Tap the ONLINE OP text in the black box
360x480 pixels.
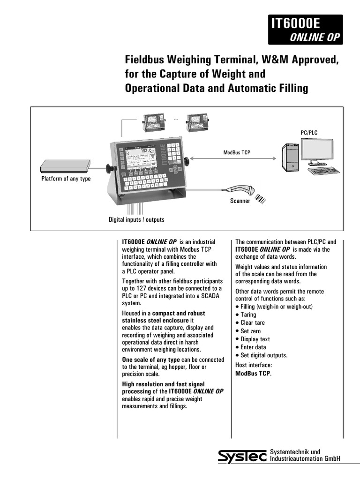314,37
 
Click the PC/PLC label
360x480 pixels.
309,133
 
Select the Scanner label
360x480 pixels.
240,201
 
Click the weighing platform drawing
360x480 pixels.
66,165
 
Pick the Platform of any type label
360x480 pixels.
66,179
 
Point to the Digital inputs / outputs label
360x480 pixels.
136,219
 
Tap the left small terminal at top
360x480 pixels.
152,123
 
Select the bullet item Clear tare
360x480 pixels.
253,323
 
